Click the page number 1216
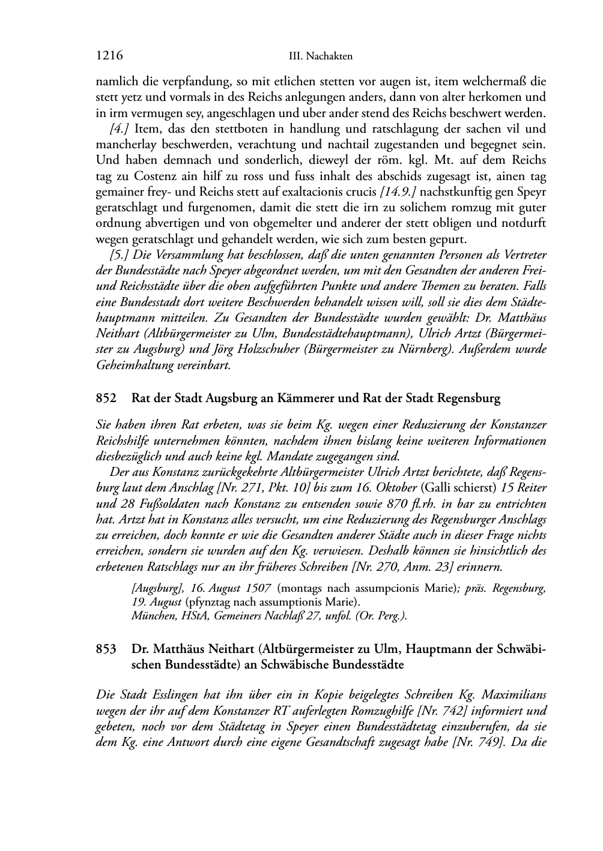(109, 56)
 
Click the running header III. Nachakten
(320, 56)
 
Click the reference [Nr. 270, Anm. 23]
(407, 566)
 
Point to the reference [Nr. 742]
(444, 711)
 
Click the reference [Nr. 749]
(477, 742)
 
